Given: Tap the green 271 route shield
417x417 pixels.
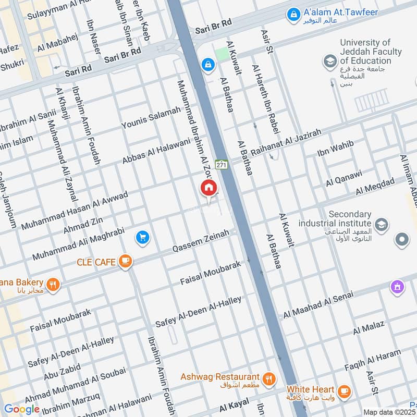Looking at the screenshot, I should click(x=222, y=164).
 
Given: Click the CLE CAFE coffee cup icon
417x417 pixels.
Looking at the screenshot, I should click(x=125, y=262).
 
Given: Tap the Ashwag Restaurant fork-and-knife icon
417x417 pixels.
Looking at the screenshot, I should click(x=268, y=379).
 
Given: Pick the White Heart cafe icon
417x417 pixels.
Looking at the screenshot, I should click(x=344, y=390).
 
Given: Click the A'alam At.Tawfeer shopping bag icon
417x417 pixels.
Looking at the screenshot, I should click(x=294, y=14).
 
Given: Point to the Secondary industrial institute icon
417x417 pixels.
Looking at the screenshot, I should click(x=382, y=225).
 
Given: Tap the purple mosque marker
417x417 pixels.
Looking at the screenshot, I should click(x=398, y=286).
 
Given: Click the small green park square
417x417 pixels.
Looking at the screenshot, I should click(x=223, y=54).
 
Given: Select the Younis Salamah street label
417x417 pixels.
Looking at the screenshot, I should click(x=151, y=118).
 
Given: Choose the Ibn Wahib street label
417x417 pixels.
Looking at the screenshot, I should click(x=336, y=149).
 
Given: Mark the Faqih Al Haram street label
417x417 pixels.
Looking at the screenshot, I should click(x=372, y=362).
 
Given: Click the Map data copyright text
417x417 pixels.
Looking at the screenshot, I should click(x=389, y=412).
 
